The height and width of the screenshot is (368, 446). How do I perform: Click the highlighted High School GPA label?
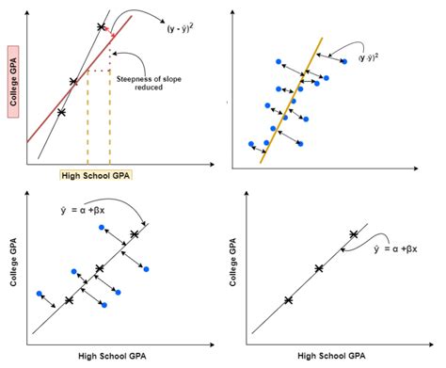[x=95, y=175]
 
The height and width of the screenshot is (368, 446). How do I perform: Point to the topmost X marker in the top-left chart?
[x=102, y=27]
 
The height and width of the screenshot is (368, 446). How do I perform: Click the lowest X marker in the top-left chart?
[x=61, y=112]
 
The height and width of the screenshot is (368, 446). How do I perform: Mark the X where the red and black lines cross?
[x=72, y=81]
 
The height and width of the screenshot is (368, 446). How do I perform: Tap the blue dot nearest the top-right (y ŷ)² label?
[x=344, y=61]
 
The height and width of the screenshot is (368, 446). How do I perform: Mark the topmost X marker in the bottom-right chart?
[x=354, y=234]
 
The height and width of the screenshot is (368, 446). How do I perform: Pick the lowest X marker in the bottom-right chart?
[x=288, y=301]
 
